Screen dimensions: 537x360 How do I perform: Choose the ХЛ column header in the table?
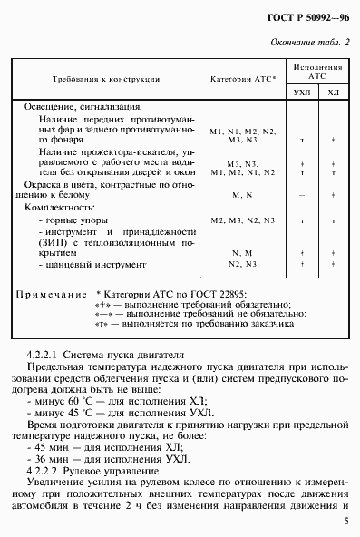[x=333, y=93]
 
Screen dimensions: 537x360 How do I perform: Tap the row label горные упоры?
[x=69, y=220]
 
